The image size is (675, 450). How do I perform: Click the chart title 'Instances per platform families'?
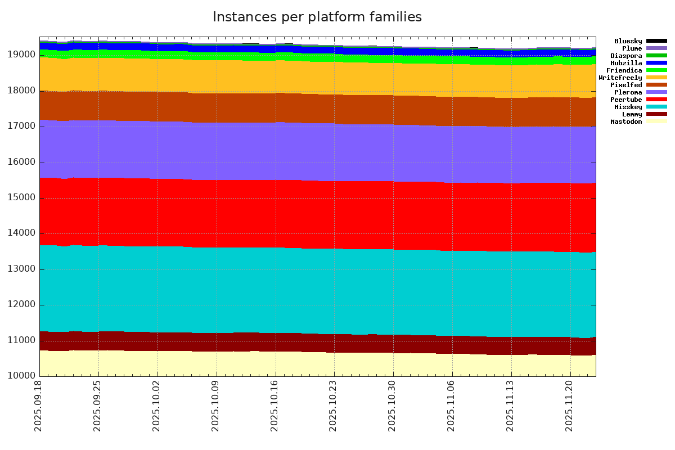pyautogui.click(x=317, y=17)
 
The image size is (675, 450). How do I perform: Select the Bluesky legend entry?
pyautogui.click(x=628, y=41)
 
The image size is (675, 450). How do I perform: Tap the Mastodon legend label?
pyautogui.click(x=626, y=121)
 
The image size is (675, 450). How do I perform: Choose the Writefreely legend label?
pyautogui.click(x=620, y=78)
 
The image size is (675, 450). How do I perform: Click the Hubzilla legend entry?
pyautogui.click(x=626, y=63)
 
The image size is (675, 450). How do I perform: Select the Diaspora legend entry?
pyautogui.click(x=626, y=56)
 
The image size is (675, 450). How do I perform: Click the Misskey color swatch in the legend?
pyautogui.click(x=656, y=107)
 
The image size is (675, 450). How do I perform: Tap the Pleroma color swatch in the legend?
pyautogui.click(x=656, y=92)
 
